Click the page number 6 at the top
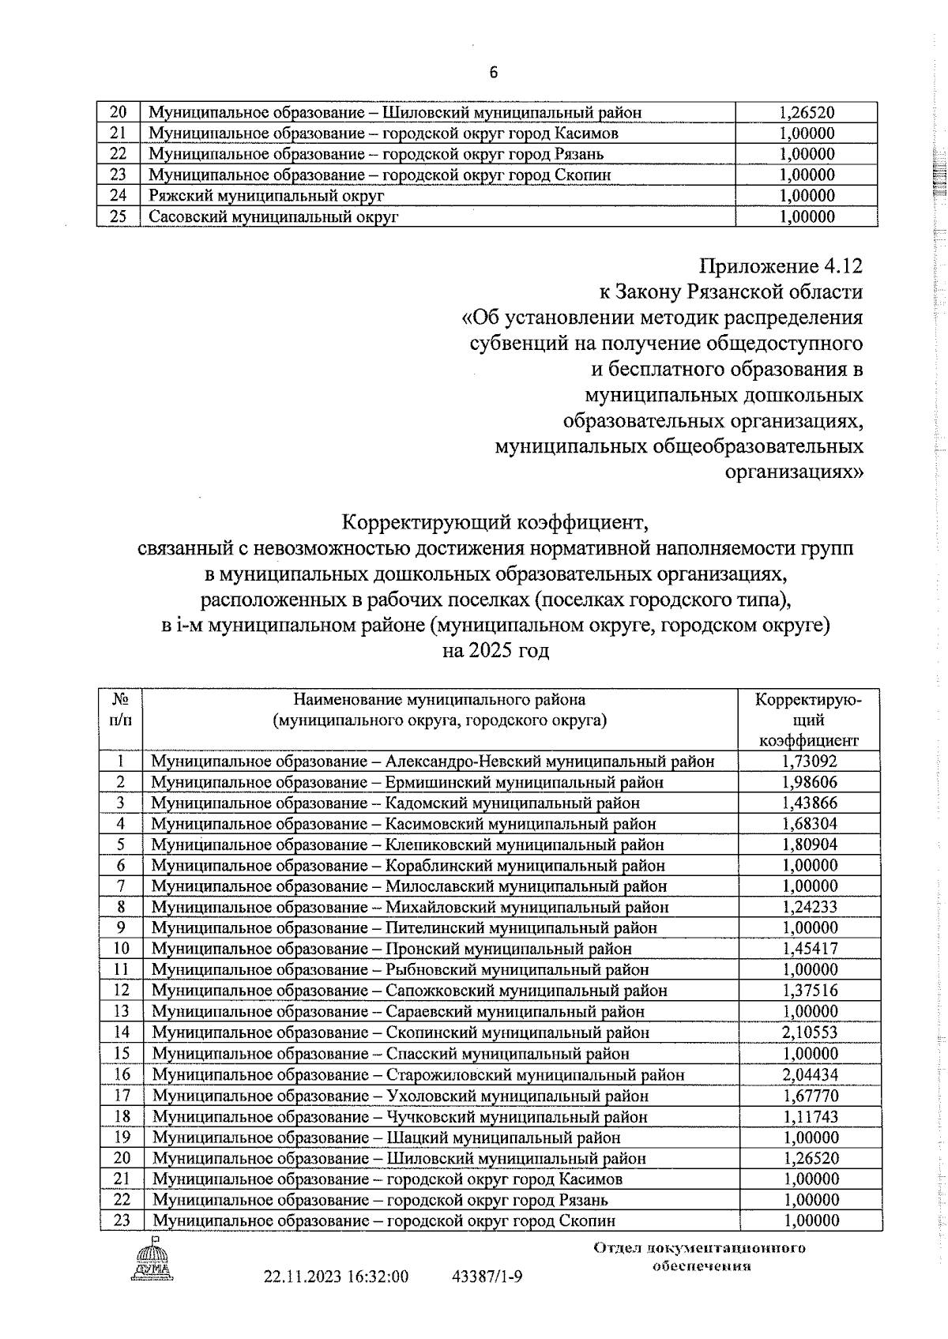[x=494, y=73]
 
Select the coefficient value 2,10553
[x=810, y=1032]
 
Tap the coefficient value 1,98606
[x=810, y=782]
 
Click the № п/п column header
[x=120, y=709]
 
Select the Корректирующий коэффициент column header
[x=808, y=720]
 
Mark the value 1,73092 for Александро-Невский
[x=810, y=762]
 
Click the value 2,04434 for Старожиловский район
[x=810, y=1074]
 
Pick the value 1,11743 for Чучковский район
[x=810, y=1116]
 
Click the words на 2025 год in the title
[x=495, y=652]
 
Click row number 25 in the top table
[x=118, y=216]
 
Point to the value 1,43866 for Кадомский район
[x=810, y=803]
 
